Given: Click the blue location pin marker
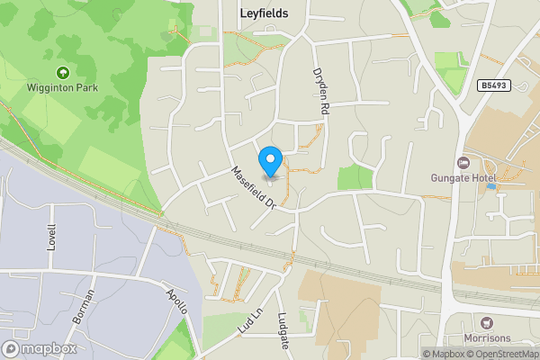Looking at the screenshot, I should pos(270,162).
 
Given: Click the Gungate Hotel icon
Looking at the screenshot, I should pos(463,162).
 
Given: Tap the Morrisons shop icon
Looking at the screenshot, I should pos(488,322).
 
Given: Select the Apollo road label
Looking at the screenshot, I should pos(177,301).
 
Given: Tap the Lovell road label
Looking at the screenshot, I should pos(52,238).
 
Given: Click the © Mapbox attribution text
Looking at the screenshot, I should pos(447,354).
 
